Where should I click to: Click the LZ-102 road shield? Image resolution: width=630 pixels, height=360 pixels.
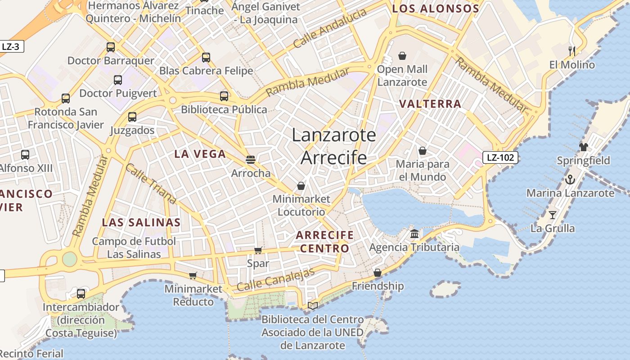tap(500, 157)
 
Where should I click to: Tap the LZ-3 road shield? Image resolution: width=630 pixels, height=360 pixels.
tap(11, 46)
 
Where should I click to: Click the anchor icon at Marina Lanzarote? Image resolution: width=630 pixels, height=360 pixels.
tap(570, 180)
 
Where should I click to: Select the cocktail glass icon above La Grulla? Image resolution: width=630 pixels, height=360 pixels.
tap(553, 215)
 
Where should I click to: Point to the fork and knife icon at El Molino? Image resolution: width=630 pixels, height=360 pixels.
tap(571, 51)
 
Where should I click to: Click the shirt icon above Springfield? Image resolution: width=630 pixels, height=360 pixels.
tap(584, 147)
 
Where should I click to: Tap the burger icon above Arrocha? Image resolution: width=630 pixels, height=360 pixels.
tap(251, 159)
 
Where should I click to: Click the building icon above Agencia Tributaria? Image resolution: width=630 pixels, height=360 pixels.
tap(414, 234)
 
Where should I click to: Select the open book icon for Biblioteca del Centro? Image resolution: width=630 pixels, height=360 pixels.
tap(313, 306)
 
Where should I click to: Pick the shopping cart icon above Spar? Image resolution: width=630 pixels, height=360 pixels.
tap(258, 250)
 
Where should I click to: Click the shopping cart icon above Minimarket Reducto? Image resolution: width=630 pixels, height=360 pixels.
tap(193, 275)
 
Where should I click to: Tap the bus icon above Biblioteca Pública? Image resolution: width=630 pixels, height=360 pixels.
tap(224, 96)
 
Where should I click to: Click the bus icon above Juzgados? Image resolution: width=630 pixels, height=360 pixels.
tap(132, 117)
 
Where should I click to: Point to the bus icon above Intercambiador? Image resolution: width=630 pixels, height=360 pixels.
tap(81, 294)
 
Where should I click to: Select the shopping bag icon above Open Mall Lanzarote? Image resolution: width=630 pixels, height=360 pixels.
tap(402, 56)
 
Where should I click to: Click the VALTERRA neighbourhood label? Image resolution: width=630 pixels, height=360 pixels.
tap(430, 104)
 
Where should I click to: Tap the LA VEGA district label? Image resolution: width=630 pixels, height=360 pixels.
tap(200, 154)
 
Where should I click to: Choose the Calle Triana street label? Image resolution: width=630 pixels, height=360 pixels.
tap(151, 184)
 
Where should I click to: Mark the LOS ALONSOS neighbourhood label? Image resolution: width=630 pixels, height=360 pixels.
tap(435, 9)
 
